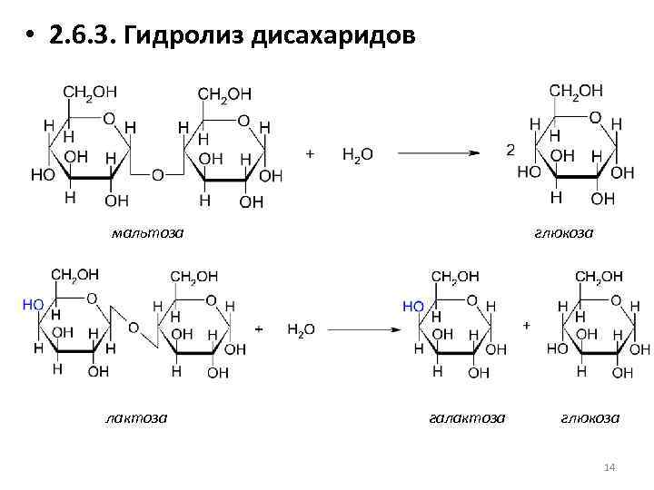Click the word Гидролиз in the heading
[x=187, y=37]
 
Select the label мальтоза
[x=147, y=233]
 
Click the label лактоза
[x=135, y=417]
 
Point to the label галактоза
[x=466, y=417]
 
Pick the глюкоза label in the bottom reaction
[x=590, y=417]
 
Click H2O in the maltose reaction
[x=357, y=154]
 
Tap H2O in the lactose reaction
[x=301, y=329]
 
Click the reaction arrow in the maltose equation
[x=438, y=153]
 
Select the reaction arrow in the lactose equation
[x=362, y=328]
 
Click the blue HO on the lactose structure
[x=33, y=305]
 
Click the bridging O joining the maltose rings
[x=157, y=174]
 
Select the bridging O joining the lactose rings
[x=133, y=328]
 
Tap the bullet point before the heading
[x=31, y=38]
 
